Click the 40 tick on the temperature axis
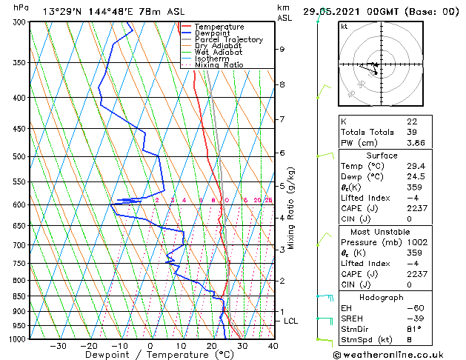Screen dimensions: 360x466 [273, 346]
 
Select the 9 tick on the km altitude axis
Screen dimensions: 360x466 [282, 50]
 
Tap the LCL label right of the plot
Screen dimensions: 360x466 [290, 321]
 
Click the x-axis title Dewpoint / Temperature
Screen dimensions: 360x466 [149, 355]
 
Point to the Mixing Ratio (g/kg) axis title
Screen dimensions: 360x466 [292, 207]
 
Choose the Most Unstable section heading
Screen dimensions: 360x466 [380, 232]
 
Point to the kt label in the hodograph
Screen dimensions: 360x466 [344, 27]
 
